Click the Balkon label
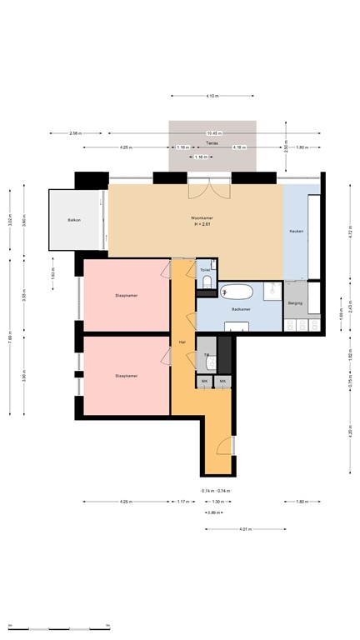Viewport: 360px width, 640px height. [x=74, y=220]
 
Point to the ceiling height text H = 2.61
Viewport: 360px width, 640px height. [x=202, y=224]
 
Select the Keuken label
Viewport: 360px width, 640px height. [x=296, y=231]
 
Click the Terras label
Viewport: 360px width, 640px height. [x=212, y=142]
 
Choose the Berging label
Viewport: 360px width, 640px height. [x=296, y=303]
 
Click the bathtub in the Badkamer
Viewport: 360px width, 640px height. [x=237, y=292]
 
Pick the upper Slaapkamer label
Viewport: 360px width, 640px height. [x=127, y=296]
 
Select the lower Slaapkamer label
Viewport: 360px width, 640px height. [x=127, y=376]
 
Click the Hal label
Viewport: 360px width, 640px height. [x=182, y=342]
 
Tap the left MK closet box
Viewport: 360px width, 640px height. [x=204, y=382]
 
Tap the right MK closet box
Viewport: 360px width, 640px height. [x=222, y=382]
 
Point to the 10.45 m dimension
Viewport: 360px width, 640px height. [x=213, y=133]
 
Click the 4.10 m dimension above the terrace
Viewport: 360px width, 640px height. [x=212, y=97]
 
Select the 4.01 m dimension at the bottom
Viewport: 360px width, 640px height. [x=245, y=529]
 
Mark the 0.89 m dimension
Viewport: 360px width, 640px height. [x=213, y=512]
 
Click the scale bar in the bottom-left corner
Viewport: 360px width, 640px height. [x=56, y=627]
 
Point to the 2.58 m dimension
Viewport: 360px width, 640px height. [x=75, y=133]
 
